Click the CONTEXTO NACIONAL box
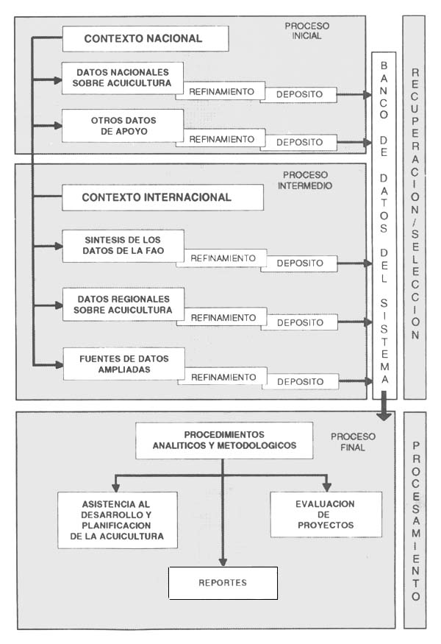(144, 39)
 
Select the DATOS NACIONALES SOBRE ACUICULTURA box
(122, 78)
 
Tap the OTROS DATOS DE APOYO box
(122, 126)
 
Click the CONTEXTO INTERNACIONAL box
(162, 197)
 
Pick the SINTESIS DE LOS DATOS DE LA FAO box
(122, 246)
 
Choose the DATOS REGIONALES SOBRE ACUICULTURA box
(122, 305)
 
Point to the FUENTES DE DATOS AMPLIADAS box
(122, 364)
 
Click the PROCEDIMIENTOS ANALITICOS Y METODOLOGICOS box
(223, 440)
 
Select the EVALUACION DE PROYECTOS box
(326, 514)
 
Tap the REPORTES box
(223, 583)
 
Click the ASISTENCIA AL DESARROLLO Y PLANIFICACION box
(118, 520)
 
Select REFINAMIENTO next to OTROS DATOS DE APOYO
(222, 139)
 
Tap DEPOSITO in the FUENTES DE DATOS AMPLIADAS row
(301, 381)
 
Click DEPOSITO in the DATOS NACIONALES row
(301, 95)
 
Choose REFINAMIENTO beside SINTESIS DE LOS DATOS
(222, 258)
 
